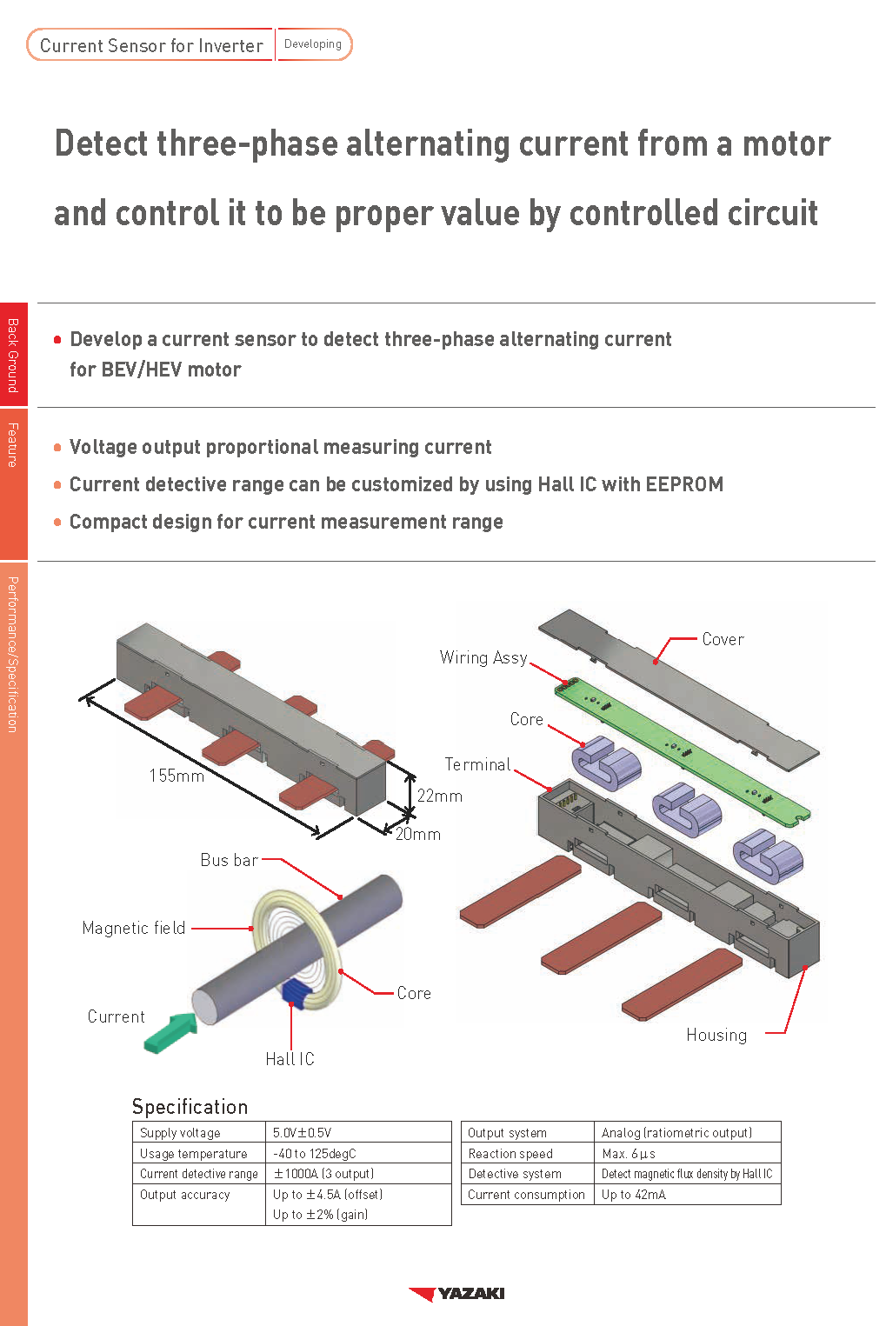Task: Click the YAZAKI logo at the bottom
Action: [x=457, y=1294]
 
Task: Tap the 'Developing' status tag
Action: [x=313, y=44]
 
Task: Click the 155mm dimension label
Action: [x=177, y=775]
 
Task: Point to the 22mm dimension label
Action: [x=439, y=796]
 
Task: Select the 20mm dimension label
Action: [x=418, y=834]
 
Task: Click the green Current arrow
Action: [x=171, y=1032]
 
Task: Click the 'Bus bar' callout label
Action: [x=229, y=860]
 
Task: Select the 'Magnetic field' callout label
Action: [x=134, y=928]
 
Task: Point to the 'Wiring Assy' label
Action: [x=483, y=657]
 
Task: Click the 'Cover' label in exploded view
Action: [x=723, y=639]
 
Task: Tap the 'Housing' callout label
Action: [x=716, y=1035]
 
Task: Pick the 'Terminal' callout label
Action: [x=477, y=764]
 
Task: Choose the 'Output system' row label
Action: [x=508, y=1132]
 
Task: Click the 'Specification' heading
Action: [x=190, y=1106]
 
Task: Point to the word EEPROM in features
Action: [x=683, y=484]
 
